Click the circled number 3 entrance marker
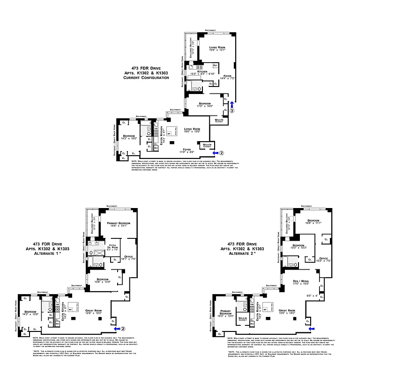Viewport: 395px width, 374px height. click(x=231, y=111)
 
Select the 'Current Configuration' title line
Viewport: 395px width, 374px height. click(x=146, y=78)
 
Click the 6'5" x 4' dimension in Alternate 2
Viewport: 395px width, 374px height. click(x=312, y=295)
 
